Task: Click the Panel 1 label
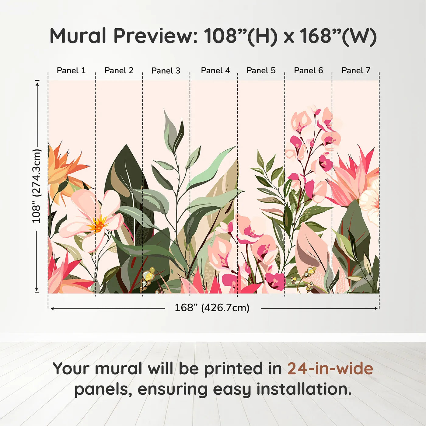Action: coord(71,71)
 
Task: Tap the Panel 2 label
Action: coord(119,71)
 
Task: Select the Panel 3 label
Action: coord(166,71)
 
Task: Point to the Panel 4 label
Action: coord(215,71)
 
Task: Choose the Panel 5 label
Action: coord(261,71)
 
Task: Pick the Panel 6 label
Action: coord(308,71)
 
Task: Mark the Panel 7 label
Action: coord(356,71)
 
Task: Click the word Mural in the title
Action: coord(78,36)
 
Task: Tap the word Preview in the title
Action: coord(155,36)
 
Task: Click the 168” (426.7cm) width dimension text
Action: coord(212,308)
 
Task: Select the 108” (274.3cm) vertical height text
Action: coord(37,186)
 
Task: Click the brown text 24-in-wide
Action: coord(330,369)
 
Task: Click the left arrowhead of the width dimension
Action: coord(52,309)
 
